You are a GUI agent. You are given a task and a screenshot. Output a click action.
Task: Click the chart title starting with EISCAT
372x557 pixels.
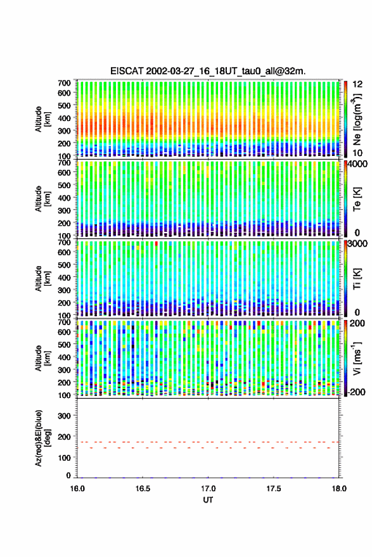coord(208,71)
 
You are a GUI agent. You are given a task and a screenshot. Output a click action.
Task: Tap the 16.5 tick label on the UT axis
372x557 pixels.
coord(143,489)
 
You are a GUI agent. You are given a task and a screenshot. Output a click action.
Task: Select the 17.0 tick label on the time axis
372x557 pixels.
coord(208,489)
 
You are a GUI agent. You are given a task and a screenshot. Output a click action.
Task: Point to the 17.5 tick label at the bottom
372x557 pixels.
coord(274,489)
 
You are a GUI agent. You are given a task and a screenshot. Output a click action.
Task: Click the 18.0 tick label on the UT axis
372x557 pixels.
coord(339,489)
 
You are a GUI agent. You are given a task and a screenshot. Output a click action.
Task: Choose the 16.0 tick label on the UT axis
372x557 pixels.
coord(77,489)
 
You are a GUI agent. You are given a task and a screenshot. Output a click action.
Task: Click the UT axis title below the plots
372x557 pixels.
coord(208,500)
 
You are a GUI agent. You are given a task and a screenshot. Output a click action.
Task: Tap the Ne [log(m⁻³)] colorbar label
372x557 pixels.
coord(357,119)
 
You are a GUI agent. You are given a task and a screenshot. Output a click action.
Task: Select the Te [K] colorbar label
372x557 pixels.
coord(357,199)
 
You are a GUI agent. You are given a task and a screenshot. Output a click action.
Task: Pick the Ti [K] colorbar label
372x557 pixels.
coord(357,279)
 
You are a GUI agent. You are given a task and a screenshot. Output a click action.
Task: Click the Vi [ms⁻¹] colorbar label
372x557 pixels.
coord(357,359)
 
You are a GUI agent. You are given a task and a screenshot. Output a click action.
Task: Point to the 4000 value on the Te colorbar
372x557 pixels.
coord(358,165)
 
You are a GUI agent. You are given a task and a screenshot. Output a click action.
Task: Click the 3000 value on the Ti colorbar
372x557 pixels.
coord(358,244)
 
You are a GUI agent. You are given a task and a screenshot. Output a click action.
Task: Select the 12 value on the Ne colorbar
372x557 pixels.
coord(358,84)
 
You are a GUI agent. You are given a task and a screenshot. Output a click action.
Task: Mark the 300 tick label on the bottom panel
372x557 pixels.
coord(64,416)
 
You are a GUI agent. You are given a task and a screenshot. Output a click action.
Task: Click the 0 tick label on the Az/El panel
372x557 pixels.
coord(68,475)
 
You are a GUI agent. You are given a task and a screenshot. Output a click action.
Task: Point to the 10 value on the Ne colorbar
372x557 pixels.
coord(358,153)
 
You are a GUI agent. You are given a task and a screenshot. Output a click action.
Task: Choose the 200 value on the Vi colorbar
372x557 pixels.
coord(357,323)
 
